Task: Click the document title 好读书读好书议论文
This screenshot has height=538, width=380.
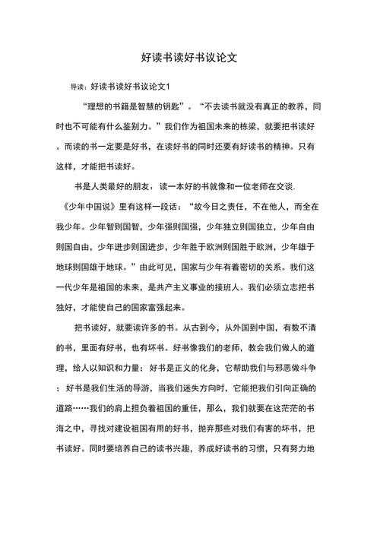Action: pyautogui.click(x=190, y=58)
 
